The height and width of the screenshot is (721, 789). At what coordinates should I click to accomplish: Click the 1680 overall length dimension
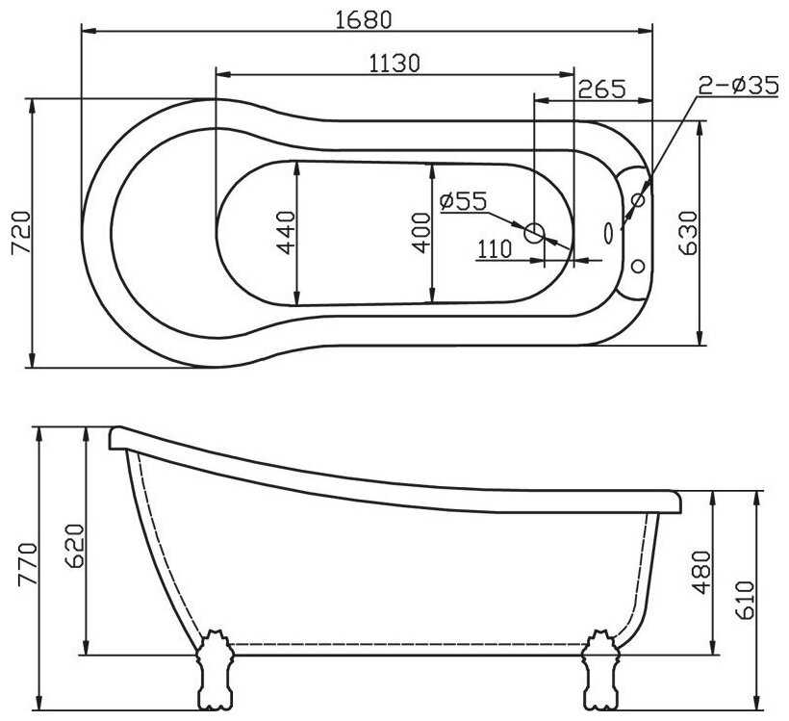(363, 19)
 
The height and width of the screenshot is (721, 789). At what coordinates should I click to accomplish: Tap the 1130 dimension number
(394, 64)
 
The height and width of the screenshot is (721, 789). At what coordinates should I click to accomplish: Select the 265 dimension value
(601, 90)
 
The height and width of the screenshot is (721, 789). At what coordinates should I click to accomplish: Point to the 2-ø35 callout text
(739, 85)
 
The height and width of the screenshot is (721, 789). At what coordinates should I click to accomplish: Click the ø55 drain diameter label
(463, 201)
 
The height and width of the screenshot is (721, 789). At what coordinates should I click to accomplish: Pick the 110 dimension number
(495, 249)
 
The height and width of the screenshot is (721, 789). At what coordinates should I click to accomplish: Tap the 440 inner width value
(287, 232)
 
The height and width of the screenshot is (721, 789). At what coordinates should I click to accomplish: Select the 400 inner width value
(421, 233)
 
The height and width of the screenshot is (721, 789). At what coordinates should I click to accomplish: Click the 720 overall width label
(21, 234)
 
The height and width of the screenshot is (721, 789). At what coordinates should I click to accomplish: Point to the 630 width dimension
(688, 233)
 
